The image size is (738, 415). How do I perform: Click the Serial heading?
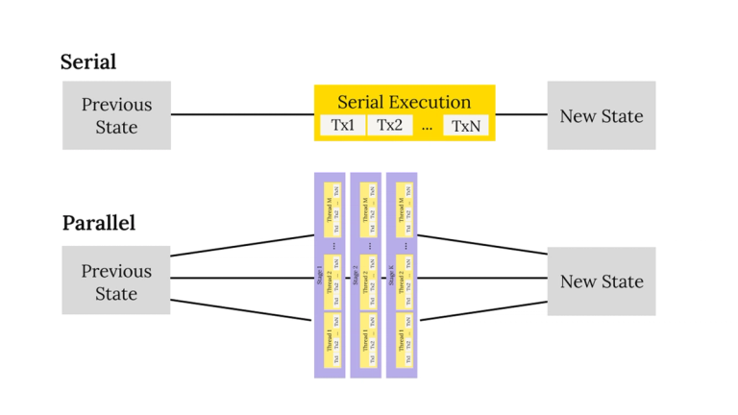pyautogui.click(x=88, y=62)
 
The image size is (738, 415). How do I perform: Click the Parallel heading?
pyautogui.click(x=99, y=223)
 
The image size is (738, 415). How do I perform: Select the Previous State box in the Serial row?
pyautogui.click(x=116, y=115)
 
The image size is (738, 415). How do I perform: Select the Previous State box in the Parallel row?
pyautogui.click(x=116, y=281)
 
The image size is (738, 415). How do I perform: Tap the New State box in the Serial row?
pyautogui.click(x=602, y=115)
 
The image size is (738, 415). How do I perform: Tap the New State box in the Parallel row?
pyautogui.click(x=602, y=281)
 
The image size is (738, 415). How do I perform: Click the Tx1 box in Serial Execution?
pyautogui.click(x=342, y=126)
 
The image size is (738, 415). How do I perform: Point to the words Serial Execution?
pyautogui.click(x=404, y=102)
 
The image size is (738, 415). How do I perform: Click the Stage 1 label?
pyautogui.click(x=320, y=276)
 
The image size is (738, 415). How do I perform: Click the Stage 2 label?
pyautogui.click(x=356, y=276)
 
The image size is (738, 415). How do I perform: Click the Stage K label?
pyautogui.click(x=391, y=276)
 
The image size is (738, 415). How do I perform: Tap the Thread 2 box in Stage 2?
pyautogui.click(x=368, y=279)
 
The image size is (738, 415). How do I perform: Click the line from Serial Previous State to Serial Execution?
pyautogui.click(x=242, y=115)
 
